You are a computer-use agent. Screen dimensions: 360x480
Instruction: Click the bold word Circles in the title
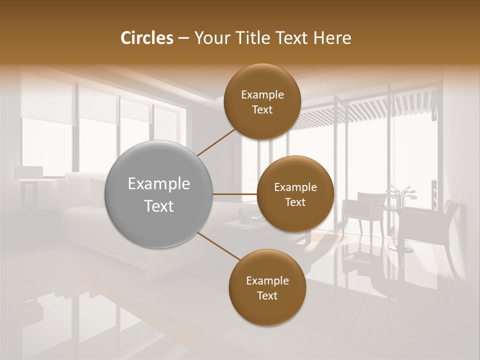146,38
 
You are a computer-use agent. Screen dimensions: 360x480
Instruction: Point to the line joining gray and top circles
216,141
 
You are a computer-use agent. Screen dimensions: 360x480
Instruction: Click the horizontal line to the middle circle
235,194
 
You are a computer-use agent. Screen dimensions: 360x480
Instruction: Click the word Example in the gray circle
159,184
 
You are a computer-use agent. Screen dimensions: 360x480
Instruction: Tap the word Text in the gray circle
159,206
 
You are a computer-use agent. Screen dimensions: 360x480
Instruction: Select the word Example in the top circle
262,95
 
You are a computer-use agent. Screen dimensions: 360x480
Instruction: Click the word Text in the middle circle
295,202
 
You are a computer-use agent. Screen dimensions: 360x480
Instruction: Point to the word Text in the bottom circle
267,295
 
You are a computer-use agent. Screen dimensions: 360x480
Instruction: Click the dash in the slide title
183,38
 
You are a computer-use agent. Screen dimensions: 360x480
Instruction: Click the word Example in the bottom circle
267,281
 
